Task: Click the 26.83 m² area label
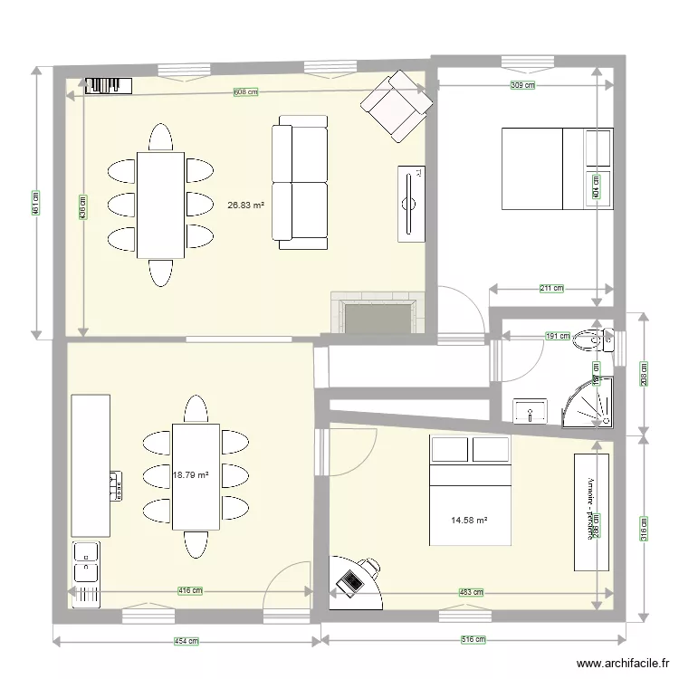[x=246, y=206]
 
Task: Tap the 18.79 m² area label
[x=191, y=473]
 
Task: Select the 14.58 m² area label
[x=469, y=520]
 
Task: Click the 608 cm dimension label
[x=246, y=92]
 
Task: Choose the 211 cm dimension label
[x=551, y=289]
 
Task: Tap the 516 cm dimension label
[x=474, y=640]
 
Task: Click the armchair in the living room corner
[x=397, y=105]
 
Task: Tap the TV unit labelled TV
[x=410, y=204]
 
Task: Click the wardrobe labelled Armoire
[x=592, y=511]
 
